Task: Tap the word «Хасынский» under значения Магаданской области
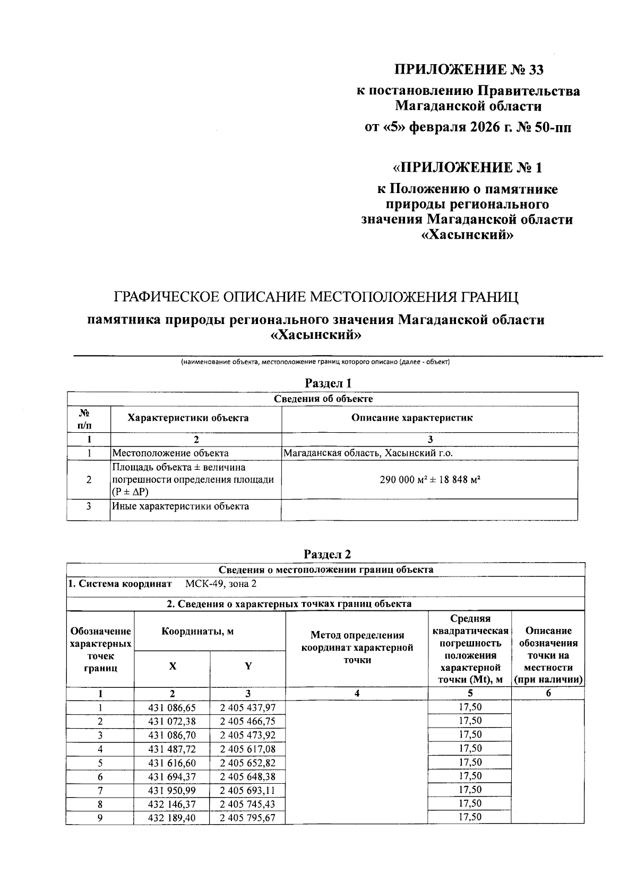(x=467, y=234)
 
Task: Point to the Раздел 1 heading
(x=328, y=383)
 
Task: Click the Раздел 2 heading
(x=327, y=554)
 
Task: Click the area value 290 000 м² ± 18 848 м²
(x=430, y=479)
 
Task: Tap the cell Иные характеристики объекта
(x=180, y=506)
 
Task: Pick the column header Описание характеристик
(x=412, y=417)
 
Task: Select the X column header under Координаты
(x=173, y=666)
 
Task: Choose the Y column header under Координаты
(x=248, y=666)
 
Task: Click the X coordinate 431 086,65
(x=173, y=707)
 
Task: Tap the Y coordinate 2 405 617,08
(x=248, y=749)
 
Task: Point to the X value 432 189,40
(x=173, y=818)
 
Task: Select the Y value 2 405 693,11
(x=248, y=790)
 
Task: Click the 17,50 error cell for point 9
(x=470, y=817)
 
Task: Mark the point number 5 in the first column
(x=100, y=763)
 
